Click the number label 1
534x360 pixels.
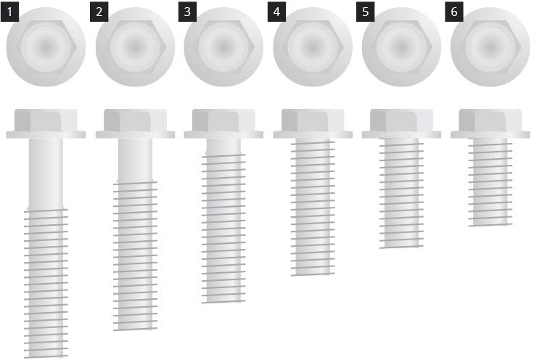[9, 12]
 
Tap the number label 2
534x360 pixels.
[99, 12]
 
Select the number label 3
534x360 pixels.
[187, 12]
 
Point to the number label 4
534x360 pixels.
[276, 12]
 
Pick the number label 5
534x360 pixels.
[366, 12]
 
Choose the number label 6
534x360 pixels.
[454, 12]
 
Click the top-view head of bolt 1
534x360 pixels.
[46, 47]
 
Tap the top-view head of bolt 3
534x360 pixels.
[223, 47]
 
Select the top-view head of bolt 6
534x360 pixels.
[490, 47]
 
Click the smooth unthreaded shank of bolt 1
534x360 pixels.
[46, 173]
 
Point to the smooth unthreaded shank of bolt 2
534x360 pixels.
[135, 160]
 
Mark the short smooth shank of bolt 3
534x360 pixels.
[223, 147]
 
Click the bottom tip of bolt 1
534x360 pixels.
[46, 357]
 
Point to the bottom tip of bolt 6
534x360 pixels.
[490, 226]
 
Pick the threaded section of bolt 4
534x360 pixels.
[313, 207]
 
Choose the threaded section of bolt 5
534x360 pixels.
[401, 194]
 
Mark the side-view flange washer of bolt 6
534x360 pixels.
[490, 134]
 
